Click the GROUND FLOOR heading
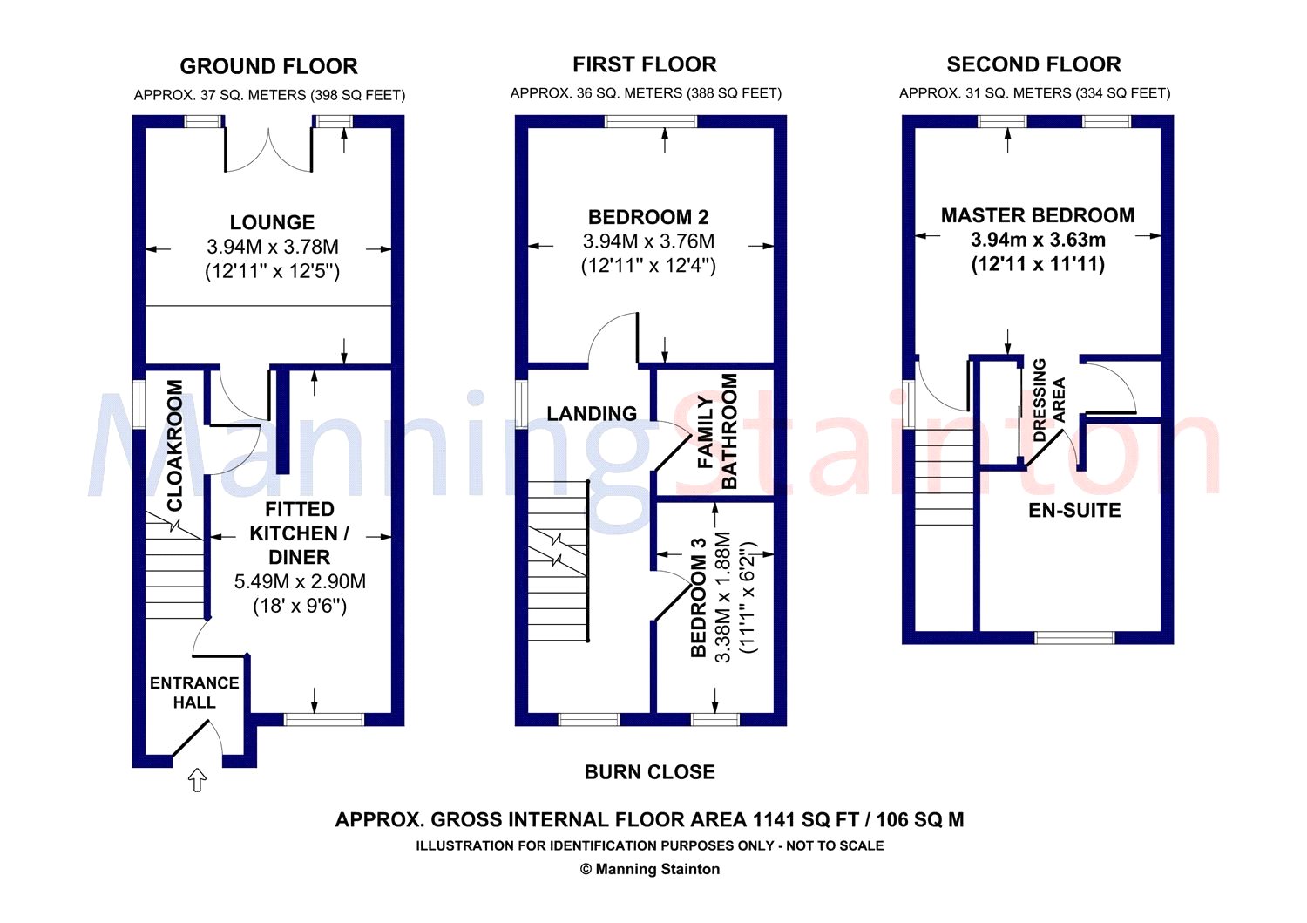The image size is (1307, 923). [268, 66]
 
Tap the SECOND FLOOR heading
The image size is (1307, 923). [1033, 64]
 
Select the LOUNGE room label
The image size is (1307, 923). [272, 222]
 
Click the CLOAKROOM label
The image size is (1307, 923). [174, 445]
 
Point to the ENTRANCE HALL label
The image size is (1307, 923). [194, 692]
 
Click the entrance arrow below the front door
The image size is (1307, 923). [197, 780]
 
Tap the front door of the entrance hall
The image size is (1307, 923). [191, 738]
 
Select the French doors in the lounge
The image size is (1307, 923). [268, 151]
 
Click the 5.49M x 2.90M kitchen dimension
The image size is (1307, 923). [300, 581]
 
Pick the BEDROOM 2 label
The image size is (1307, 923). [647, 217]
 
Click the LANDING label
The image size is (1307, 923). [592, 413]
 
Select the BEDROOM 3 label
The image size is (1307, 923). [699, 597]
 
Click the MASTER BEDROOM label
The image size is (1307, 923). [1038, 215]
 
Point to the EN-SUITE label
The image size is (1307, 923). [1074, 510]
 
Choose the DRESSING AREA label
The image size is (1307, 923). [1048, 401]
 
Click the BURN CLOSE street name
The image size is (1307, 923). [649, 772]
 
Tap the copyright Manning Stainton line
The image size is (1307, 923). [649, 869]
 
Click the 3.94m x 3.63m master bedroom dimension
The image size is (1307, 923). [1038, 240]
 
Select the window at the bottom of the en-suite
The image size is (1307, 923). [1074, 637]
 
